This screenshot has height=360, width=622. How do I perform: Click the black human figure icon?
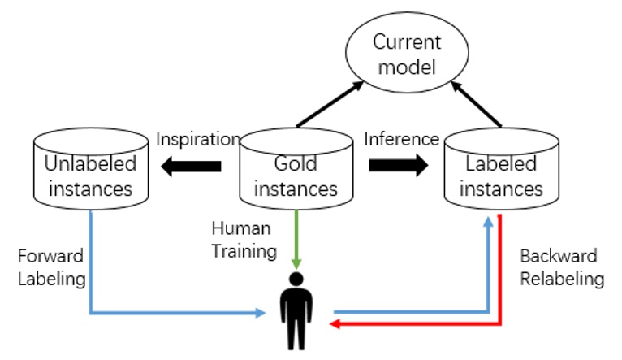296,312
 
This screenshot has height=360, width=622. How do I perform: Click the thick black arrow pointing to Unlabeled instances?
191,166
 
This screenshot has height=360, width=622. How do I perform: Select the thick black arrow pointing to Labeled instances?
399,166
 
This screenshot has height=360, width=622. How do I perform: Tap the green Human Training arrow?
297,240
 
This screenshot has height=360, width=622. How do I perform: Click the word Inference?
401,139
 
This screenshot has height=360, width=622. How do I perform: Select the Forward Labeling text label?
50,267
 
